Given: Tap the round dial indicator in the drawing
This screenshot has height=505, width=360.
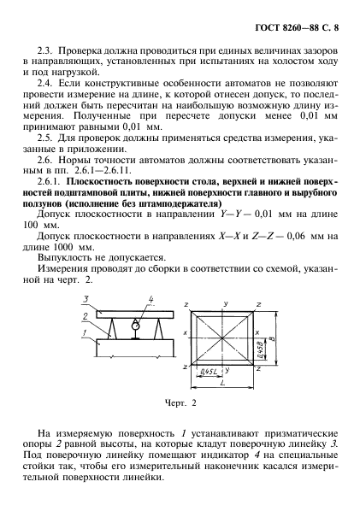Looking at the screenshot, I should [x=135, y=326].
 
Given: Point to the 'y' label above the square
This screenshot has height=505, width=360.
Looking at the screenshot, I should [x=224, y=303].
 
